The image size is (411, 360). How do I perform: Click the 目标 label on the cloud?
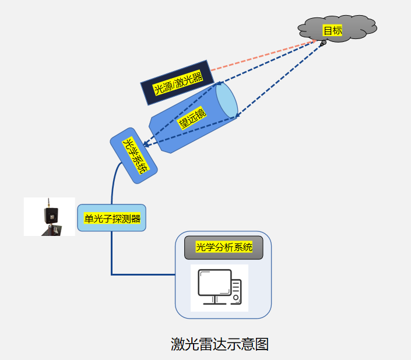pos(333,30)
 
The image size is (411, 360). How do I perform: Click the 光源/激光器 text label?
pos(178,84)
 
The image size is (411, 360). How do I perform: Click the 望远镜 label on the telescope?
pos(192,119)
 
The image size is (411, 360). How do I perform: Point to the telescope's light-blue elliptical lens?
pos(226,101)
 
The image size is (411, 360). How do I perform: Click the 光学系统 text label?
pos(135,156)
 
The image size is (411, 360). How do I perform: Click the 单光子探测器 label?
pos(112,218)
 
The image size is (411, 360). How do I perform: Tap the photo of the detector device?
pos(49,217)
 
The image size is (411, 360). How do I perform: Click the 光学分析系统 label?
pos(224,247)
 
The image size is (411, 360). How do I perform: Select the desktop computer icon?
pos(219,288)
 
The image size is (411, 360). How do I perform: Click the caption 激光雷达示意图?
pos(219,344)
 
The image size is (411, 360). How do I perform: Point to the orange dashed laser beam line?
pos(262,56)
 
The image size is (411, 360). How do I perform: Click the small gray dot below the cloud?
pos(323,43)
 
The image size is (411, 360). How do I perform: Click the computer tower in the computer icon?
pos(236,291)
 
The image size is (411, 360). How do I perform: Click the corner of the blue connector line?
pos(112,274)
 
